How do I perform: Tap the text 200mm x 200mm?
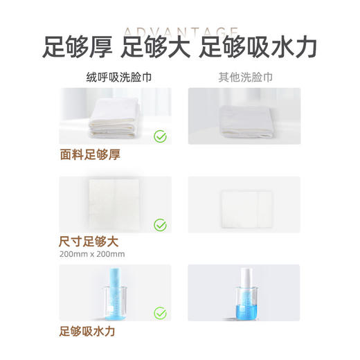[x=93, y=254]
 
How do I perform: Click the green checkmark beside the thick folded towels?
[x=160, y=136]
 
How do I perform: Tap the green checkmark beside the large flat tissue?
[x=160, y=224]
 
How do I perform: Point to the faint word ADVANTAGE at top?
[x=180, y=31]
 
